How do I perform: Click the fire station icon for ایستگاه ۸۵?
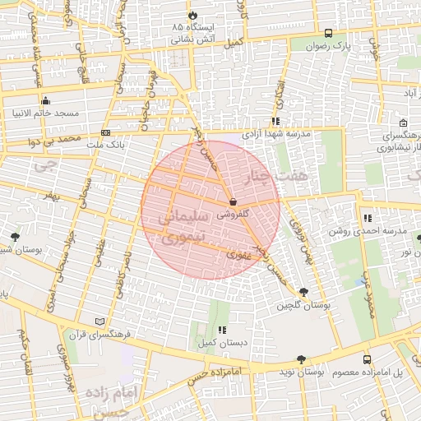point(192,15)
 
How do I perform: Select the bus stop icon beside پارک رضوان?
point(329,34)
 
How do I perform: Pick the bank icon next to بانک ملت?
point(105,132)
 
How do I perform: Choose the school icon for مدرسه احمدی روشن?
point(368,219)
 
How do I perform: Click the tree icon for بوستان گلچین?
point(304,293)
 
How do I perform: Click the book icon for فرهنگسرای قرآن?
point(100,321)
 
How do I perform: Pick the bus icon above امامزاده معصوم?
point(367,360)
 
